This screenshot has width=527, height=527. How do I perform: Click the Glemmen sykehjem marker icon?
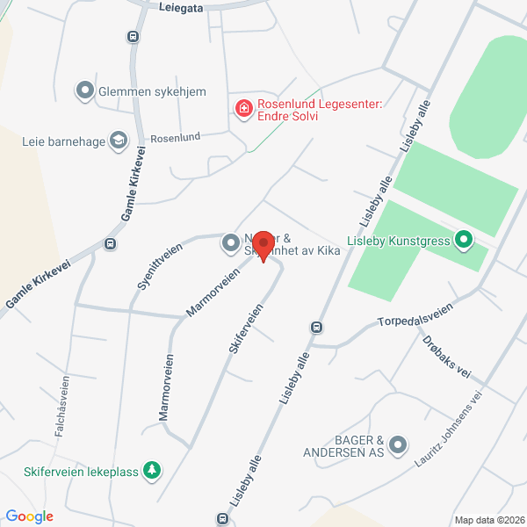[85, 90]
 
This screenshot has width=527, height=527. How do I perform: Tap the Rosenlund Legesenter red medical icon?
[242, 108]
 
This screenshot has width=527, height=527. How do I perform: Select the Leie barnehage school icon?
[118, 140]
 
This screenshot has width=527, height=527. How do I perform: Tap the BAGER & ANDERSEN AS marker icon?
[399, 445]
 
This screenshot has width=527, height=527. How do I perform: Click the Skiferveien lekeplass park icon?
[153, 472]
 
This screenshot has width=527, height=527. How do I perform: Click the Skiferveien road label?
[246, 329]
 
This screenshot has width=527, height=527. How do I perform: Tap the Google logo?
[29, 516]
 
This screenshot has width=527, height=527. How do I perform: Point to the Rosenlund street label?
[176, 137]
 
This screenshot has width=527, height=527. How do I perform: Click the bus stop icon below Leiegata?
[133, 37]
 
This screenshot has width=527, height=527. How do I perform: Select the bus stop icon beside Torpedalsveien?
[315, 328]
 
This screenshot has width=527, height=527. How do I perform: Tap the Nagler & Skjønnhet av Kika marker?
[230, 241]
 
